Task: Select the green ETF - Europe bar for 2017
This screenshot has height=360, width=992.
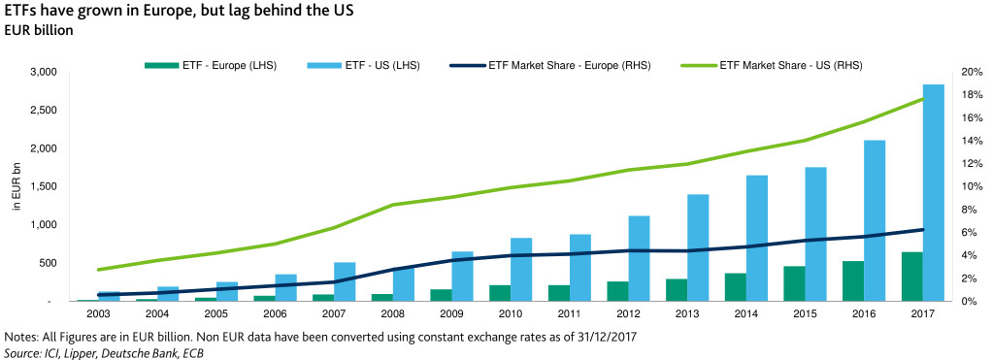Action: pos(911,277)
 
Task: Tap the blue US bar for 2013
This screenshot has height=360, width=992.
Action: pos(698,247)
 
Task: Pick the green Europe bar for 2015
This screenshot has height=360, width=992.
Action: pos(794,283)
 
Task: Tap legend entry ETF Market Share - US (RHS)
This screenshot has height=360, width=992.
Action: pos(791,65)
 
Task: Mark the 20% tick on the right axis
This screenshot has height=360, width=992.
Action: pos(967,73)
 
